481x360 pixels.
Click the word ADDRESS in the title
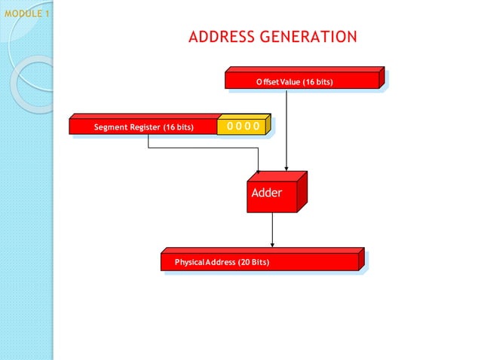(x=221, y=37)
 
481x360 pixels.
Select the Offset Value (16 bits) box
(x=304, y=79)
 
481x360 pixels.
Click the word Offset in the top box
(x=267, y=81)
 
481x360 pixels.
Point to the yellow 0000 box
(x=243, y=126)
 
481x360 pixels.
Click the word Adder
(x=267, y=193)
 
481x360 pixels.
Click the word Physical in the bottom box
(x=189, y=262)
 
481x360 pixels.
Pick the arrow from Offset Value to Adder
(x=286, y=128)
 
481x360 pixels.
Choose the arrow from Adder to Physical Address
(x=272, y=230)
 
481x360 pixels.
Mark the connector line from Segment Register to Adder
(x=204, y=148)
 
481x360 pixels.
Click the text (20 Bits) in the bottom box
(x=253, y=262)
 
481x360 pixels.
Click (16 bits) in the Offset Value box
(x=317, y=81)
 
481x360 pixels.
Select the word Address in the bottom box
(x=220, y=262)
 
